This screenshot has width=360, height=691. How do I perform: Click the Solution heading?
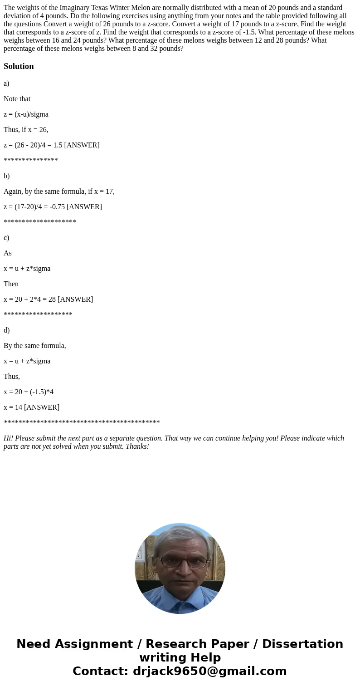pos(19,66)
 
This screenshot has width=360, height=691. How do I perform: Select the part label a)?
pos(6,83)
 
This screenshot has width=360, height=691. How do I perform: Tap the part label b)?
pos(6,176)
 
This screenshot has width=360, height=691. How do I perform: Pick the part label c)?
pos(6,238)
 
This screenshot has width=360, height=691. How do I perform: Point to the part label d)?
pos(6,330)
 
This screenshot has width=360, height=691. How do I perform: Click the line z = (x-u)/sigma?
pos(26,114)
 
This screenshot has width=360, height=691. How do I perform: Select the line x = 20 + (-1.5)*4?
pos(29,392)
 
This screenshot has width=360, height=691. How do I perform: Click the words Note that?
pos(17,99)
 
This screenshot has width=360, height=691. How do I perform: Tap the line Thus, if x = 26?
pos(26,130)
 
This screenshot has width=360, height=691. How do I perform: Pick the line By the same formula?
pos(34,346)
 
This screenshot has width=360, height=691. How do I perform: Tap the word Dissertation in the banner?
pos(302,644)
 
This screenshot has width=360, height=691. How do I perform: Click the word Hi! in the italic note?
pos(9,438)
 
